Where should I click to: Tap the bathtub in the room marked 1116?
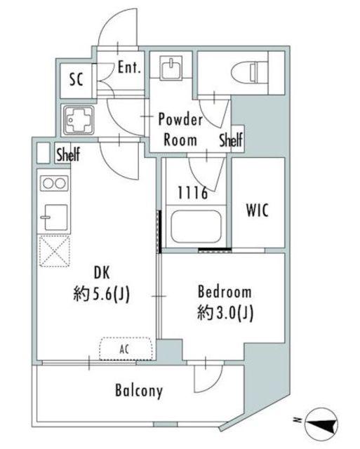(x=196, y=227)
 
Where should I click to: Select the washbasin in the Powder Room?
(x=171, y=67)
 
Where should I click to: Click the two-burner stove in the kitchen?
(x=54, y=183)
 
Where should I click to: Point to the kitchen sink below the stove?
(x=55, y=217)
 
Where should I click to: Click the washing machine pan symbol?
(x=79, y=120)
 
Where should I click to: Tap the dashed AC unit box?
(x=126, y=349)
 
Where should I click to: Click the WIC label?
(x=258, y=210)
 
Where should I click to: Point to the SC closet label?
(x=76, y=79)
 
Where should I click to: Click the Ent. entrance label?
(x=129, y=67)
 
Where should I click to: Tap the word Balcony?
(x=139, y=391)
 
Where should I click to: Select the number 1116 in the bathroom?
(x=192, y=193)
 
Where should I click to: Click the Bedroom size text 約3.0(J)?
(x=225, y=313)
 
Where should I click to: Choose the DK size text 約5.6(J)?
(x=102, y=294)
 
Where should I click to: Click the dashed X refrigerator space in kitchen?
(x=55, y=251)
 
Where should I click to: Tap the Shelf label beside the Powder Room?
(x=231, y=140)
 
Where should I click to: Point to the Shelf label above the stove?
(x=68, y=154)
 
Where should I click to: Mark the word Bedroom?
(x=225, y=292)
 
